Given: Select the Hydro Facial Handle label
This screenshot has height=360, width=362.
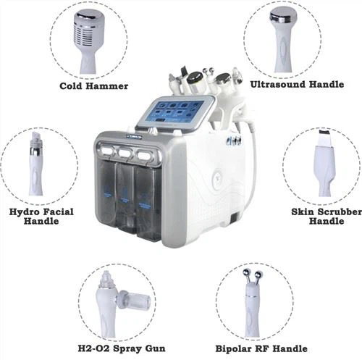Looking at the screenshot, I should click(38, 217).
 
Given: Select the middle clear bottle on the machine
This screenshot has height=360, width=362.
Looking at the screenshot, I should click(128, 193).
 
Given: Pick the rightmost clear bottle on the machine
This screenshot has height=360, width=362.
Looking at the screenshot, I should click(148, 198).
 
